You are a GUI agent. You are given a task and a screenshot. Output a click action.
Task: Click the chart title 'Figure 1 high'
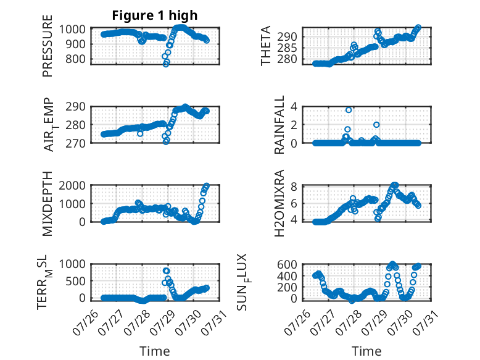tap(155, 15)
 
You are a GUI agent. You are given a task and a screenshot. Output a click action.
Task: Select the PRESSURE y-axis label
tap(48, 46)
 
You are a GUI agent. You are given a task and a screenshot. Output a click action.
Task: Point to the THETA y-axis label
tap(266, 46)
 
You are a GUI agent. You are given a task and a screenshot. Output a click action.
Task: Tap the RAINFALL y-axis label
tap(279, 125)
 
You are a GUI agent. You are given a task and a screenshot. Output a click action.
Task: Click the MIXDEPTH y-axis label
tap(48, 203)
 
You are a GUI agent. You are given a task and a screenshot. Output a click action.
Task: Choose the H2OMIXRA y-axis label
tap(279, 203)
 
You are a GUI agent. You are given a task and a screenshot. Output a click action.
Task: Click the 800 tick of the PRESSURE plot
tap(75, 59)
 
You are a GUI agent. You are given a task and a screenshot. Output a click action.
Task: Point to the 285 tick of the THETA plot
tap(287, 48)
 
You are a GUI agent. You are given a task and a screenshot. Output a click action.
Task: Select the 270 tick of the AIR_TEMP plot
tap(75, 143)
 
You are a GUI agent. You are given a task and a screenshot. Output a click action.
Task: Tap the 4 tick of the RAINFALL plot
tap(294, 107)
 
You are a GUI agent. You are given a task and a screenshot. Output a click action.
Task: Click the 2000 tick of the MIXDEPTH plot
tap(72, 185)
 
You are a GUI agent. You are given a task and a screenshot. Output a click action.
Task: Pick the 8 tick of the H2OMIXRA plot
tap(294, 186)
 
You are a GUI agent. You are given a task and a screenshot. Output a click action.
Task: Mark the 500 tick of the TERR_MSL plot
tap(75, 281)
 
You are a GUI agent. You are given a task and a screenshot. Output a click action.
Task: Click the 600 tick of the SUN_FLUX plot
tap(287, 264)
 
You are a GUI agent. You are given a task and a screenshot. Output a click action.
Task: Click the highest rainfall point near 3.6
tap(349, 110)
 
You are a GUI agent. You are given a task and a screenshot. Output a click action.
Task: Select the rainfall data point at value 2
tap(376, 125)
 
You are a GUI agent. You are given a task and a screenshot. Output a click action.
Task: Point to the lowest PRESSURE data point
tap(166, 64)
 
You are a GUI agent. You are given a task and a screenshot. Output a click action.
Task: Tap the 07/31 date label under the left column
tap(213, 322)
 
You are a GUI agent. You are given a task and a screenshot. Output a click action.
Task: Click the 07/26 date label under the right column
tap(297, 322)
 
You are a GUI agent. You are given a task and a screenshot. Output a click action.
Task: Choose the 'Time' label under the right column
tap(366, 351)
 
